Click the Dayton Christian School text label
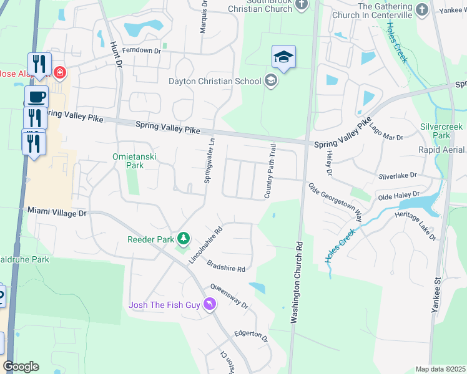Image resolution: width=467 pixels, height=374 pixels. (214, 81)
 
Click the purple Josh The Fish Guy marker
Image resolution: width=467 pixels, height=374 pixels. (209, 304)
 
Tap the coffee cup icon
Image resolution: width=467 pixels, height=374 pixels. (36, 97)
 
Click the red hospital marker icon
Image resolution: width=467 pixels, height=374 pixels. (59, 73)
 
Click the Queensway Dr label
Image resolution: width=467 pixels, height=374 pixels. (229, 297)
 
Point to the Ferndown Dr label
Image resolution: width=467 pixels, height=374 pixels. (142, 50)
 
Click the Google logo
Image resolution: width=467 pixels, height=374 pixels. (21, 367)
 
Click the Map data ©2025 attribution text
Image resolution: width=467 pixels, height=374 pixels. (440, 369)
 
